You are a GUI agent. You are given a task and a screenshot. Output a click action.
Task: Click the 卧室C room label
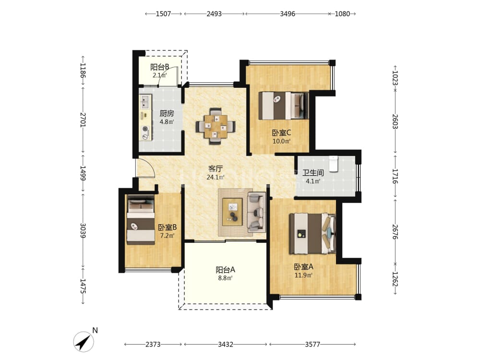(x=281, y=133)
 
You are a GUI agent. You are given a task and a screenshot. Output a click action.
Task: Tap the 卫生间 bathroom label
(x=313, y=173)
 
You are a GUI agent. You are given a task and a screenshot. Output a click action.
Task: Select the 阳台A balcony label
(x=225, y=270)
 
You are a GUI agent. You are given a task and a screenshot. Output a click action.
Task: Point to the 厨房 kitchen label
(x=167, y=114)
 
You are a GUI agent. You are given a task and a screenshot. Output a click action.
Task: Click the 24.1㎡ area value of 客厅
(x=216, y=177)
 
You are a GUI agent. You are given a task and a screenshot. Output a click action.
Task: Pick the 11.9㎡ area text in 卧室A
(x=303, y=275)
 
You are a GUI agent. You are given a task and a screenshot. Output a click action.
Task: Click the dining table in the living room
(x=216, y=126)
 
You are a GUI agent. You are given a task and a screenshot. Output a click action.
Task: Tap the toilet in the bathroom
(x=333, y=164)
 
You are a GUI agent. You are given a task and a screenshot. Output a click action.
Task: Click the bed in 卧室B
(x=141, y=220)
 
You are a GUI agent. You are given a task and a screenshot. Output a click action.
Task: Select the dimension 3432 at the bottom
(x=226, y=344)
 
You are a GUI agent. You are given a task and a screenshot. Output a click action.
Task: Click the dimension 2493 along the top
(x=214, y=14)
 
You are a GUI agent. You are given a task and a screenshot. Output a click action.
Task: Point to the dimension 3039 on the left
(x=83, y=230)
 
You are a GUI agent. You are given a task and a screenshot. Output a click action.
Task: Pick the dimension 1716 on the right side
(x=395, y=176)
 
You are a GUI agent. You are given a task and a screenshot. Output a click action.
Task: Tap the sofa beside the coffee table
(x=256, y=212)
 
